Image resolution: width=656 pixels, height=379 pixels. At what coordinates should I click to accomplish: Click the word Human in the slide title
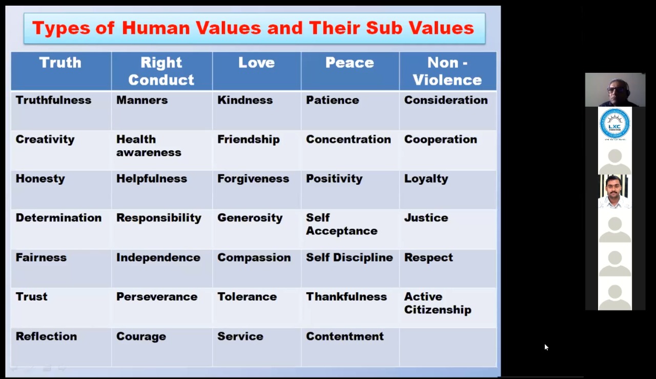156,28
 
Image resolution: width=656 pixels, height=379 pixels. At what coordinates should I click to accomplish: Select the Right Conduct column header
161,71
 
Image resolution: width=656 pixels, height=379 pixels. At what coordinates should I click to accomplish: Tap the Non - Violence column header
447,71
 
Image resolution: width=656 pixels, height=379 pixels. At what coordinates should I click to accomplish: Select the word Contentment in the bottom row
345,336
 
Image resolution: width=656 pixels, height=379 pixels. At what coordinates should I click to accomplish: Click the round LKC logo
614,124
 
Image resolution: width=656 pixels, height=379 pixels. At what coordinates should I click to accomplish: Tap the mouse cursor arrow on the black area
546,347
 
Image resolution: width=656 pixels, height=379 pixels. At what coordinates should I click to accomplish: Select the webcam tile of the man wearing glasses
616,90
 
